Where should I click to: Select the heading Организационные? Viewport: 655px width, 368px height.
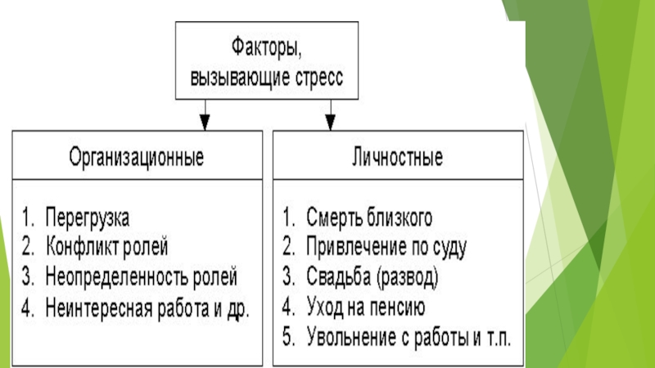137,157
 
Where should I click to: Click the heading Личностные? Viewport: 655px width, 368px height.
397,157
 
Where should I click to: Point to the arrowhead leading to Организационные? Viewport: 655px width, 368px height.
205,121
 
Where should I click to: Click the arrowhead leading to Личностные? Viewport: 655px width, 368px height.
331,121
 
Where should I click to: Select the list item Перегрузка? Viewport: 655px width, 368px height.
88,218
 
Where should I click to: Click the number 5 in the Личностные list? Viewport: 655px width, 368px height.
289,337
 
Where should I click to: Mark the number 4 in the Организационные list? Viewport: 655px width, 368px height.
28,308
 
